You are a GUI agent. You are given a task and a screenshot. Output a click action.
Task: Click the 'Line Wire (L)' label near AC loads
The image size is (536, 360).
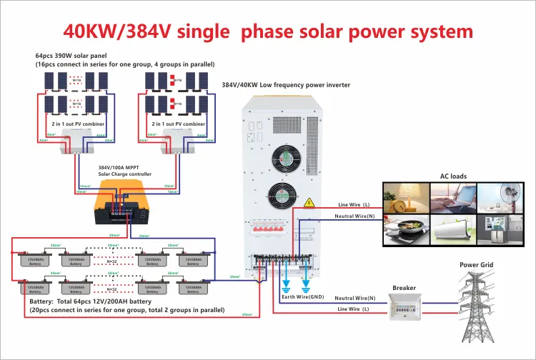tap(352, 205)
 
